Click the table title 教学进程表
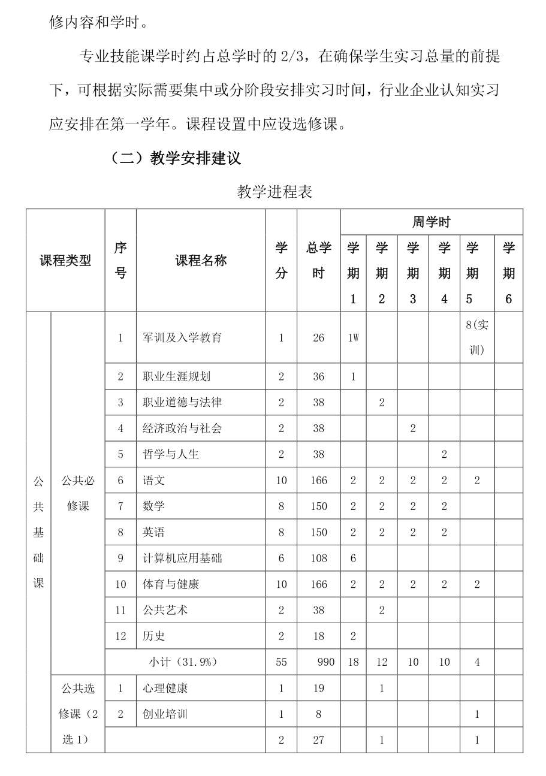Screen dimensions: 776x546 point(274,192)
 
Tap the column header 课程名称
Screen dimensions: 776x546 point(201,260)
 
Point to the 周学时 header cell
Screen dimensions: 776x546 point(431,222)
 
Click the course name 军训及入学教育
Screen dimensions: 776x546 point(182,337)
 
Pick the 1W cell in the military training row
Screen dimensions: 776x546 point(353,337)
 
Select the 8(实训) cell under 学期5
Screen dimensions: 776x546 point(476,337)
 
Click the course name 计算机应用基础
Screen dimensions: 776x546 point(182,558)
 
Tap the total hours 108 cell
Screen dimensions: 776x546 point(318,558)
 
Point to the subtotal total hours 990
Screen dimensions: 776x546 point(325,662)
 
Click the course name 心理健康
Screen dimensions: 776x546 point(165,688)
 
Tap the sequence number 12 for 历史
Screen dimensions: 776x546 point(120,636)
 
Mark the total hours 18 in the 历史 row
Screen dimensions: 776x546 point(318,636)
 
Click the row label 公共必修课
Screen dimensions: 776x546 point(78,493)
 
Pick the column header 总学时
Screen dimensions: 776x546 point(318,260)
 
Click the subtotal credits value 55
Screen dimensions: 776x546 point(281,662)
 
